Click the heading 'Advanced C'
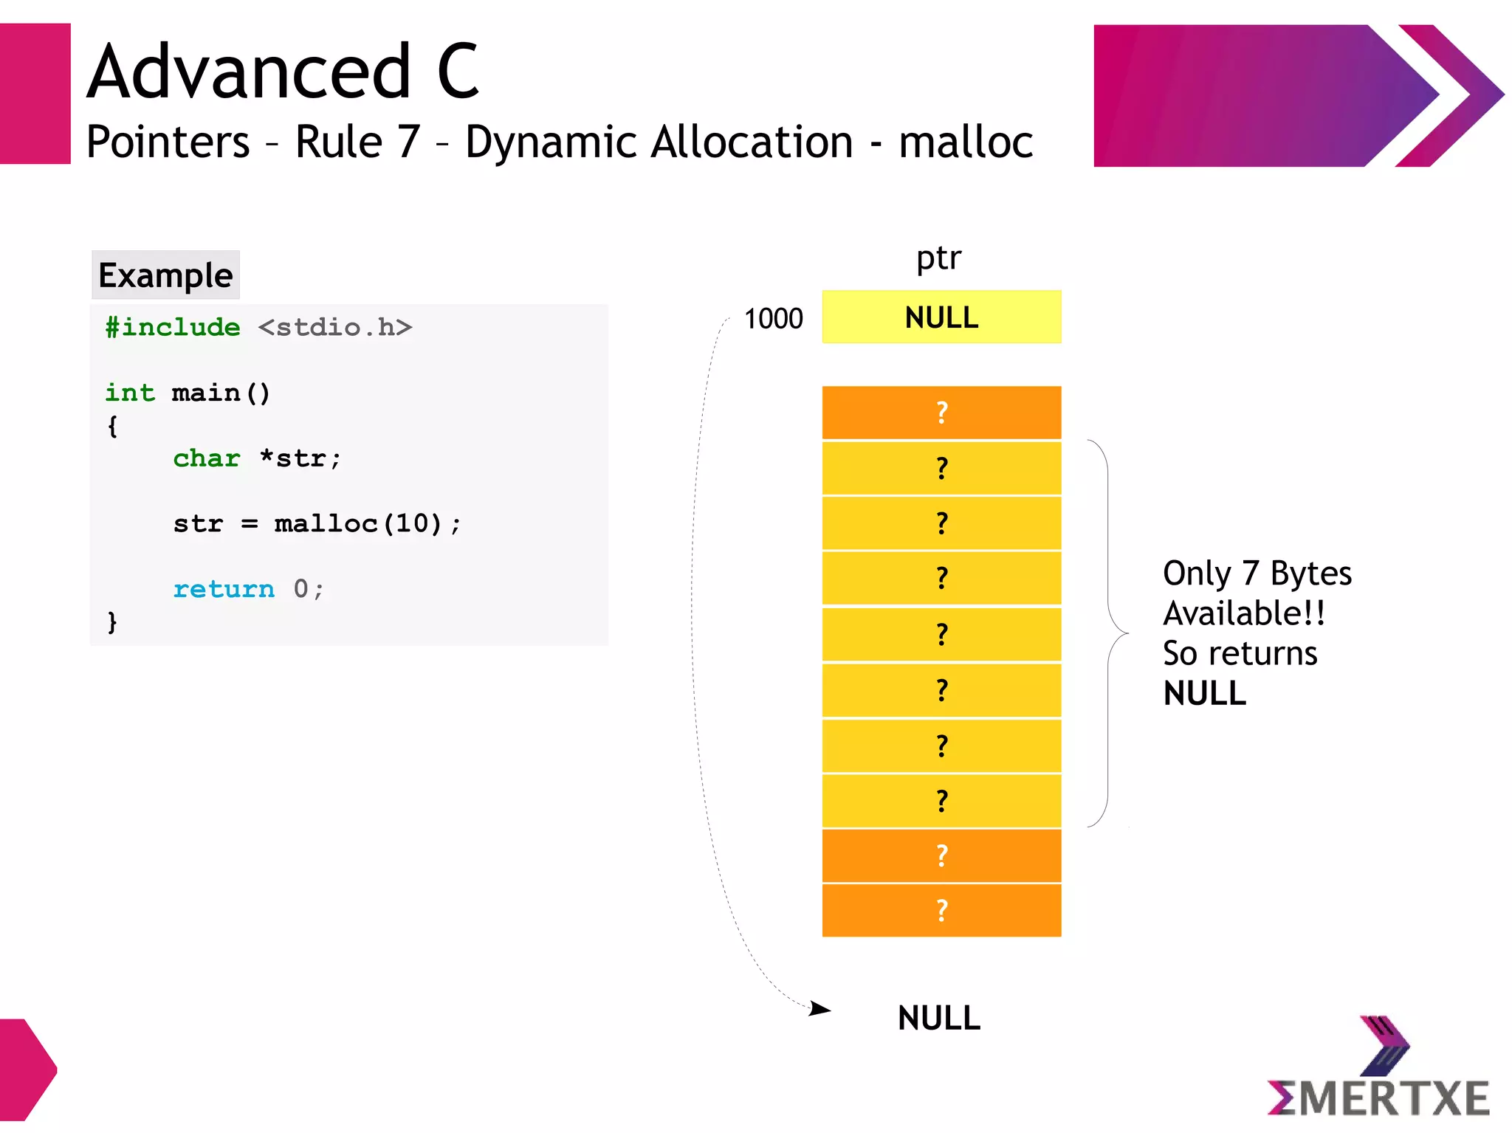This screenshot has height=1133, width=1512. (x=283, y=72)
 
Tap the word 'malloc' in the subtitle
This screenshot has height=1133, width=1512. (x=965, y=142)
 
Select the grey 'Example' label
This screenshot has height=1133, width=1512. (x=165, y=275)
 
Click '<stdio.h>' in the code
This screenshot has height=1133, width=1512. (x=334, y=327)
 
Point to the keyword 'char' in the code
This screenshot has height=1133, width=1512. (x=207, y=458)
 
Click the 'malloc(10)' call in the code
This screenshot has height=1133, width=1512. (x=358, y=523)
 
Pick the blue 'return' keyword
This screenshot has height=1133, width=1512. (x=223, y=589)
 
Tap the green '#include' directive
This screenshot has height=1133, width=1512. (x=173, y=327)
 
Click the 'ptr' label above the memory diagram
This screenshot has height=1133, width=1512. (x=938, y=258)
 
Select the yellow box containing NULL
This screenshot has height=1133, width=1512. (x=941, y=317)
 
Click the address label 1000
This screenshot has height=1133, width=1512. (x=773, y=319)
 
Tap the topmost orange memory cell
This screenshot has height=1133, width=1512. (x=941, y=413)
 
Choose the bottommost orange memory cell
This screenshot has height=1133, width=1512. (x=941, y=910)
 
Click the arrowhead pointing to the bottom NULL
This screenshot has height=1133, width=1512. (x=821, y=1008)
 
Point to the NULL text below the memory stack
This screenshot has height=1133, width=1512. (x=938, y=1019)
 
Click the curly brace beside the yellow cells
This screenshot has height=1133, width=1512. (x=1109, y=633)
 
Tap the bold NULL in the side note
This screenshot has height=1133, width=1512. (x=1204, y=694)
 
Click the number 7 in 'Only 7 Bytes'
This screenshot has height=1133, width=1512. (x=1250, y=574)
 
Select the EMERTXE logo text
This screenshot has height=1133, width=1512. (x=1378, y=1098)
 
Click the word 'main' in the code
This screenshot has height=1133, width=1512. (x=206, y=393)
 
